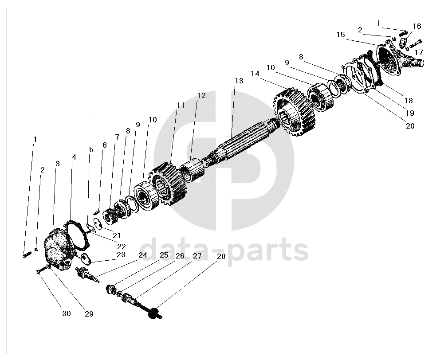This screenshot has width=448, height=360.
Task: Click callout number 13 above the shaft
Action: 239,81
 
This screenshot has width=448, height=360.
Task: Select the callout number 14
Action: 255,73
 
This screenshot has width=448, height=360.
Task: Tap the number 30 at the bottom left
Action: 66,313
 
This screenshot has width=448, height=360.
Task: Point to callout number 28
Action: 221,256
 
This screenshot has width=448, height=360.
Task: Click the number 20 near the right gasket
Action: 410,125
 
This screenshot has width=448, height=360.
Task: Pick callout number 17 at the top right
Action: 419,52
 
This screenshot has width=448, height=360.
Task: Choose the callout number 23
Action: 121,255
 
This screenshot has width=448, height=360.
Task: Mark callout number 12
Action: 201,95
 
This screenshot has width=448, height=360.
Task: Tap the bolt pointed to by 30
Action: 40,271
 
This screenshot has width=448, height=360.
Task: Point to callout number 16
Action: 417,26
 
